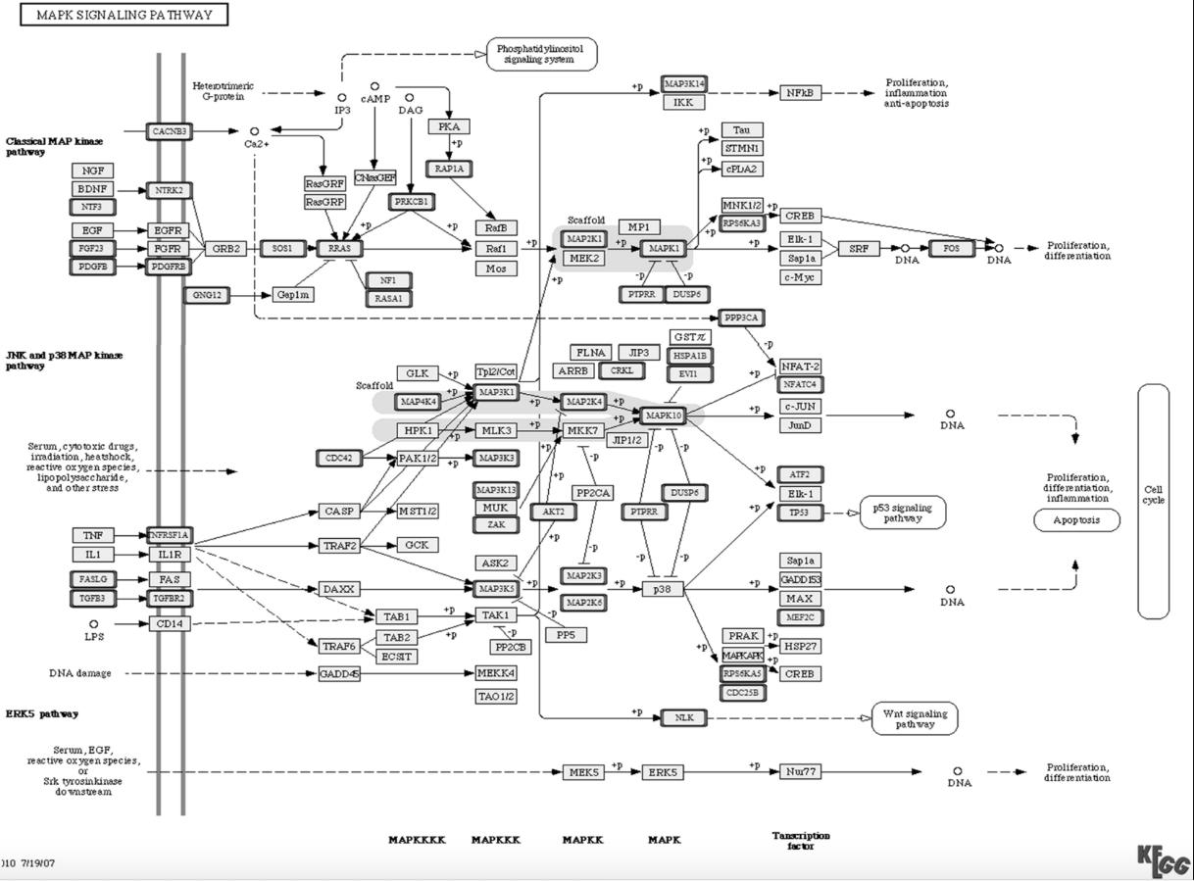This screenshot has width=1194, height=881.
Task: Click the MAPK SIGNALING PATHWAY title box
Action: tap(124, 15)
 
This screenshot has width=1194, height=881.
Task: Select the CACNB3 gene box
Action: tap(170, 131)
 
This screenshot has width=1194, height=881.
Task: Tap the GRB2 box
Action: tap(225, 249)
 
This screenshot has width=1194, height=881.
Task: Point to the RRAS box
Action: tap(340, 249)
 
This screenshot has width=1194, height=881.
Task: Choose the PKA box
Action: tap(449, 126)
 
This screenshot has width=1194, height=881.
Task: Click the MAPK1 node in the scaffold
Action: tap(664, 249)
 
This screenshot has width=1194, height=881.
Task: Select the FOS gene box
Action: tap(952, 249)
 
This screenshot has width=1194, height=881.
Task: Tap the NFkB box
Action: tap(801, 93)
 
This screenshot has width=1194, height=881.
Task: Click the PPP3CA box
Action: tap(741, 318)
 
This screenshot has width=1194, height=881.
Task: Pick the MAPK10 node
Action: tap(663, 416)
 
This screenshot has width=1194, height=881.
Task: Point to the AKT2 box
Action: tap(554, 512)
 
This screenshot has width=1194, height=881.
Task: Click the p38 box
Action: tap(663, 589)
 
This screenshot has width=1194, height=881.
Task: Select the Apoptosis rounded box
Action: tap(1076, 520)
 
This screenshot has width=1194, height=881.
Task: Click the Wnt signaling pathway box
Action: tap(915, 718)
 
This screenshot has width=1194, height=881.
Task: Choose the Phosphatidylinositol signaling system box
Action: tap(541, 54)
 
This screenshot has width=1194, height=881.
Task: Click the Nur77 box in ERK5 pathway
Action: tap(801, 772)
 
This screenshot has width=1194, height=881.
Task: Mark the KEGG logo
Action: tap(1164, 861)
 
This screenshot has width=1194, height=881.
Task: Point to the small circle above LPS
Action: tap(94, 623)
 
